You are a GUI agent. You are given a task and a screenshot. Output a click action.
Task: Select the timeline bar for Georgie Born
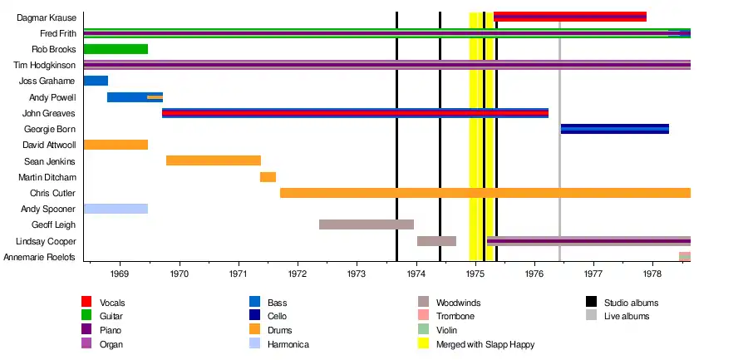click(614, 129)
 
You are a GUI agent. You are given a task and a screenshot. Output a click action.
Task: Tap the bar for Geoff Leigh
click(366, 224)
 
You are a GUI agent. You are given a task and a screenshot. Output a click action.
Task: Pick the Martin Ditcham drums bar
click(268, 177)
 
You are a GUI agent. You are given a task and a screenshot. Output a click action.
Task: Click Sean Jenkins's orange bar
click(213, 160)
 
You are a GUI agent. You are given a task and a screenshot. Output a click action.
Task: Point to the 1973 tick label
click(357, 273)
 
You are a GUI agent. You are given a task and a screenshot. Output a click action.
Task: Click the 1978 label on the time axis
click(652, 273)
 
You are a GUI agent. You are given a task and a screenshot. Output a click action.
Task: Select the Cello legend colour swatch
click(254, 316)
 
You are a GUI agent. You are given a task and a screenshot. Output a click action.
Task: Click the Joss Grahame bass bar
click(96, 81)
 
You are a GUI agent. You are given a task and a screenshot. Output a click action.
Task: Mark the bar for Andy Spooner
click(116, 209)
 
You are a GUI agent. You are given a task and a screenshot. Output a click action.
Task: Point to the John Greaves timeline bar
click(355, 113)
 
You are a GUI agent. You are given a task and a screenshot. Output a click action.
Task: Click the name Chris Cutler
click(53, 193)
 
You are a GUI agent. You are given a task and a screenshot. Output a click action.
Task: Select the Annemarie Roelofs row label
click(40, 257)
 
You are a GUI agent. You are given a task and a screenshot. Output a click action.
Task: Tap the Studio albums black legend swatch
click(591, 302)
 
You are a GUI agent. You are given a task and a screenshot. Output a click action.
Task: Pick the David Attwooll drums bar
click(116, 145)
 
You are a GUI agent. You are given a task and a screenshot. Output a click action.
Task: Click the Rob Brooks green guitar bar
click(116, 49)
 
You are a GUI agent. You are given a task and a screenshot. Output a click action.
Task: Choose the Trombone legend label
click(453, 316)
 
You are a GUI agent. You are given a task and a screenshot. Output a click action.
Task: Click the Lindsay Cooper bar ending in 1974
click(436, 241)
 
